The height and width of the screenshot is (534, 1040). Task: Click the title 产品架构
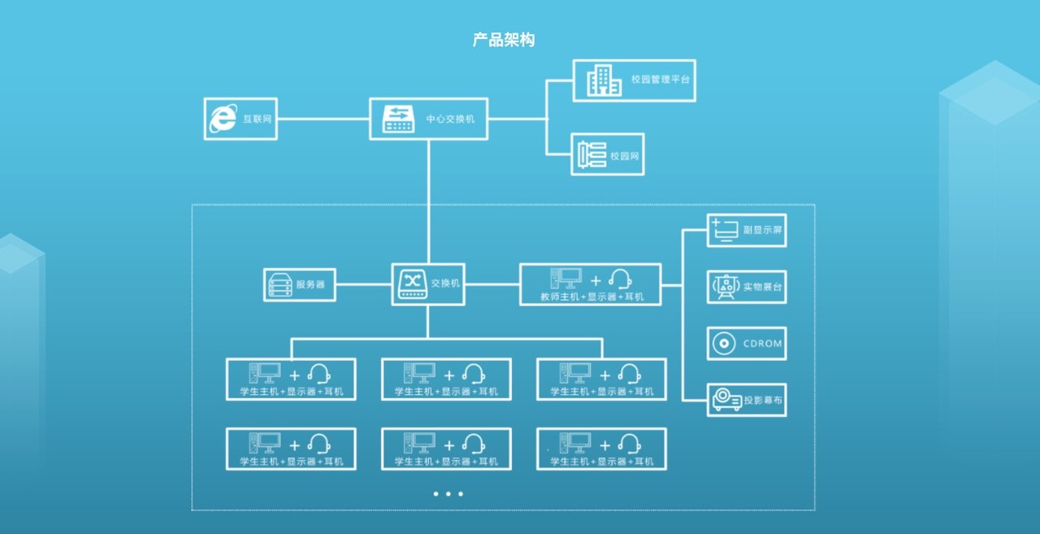[504, 40]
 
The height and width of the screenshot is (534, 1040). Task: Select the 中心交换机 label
[450, 119]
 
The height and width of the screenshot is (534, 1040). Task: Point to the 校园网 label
[626, 155]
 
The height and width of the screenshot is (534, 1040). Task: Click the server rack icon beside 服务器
[279, 285]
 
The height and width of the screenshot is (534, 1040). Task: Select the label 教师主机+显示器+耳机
[591, 297]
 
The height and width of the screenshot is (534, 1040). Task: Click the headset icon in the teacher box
[621, 279]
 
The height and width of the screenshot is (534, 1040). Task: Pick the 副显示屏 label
[763, 230]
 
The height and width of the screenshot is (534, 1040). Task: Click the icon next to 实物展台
[724, 287]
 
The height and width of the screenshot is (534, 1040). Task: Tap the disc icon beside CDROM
[723, 344]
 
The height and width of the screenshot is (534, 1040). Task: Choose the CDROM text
[763, 344]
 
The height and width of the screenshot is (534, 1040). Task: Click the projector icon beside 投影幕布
[726, 400]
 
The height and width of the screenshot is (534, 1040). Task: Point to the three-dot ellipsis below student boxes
[448, 493]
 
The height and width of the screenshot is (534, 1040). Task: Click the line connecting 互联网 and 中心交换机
[323, 119]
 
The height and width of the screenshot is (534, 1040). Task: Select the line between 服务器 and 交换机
[363, 284]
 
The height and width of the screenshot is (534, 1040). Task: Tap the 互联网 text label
[257, 119]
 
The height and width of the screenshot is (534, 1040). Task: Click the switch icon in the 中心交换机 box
[399, 119]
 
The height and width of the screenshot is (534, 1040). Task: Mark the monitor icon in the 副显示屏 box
[724, 230]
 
